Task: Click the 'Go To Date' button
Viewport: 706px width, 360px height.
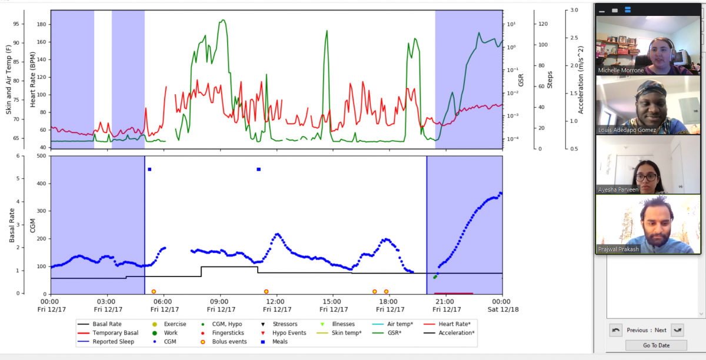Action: [656, 345]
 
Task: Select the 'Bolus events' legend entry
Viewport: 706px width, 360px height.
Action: [224, 342]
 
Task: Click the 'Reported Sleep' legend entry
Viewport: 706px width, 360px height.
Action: [106, 342]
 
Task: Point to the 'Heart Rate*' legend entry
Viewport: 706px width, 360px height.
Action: [447, 324]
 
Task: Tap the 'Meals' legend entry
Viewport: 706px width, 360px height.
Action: [274, 342]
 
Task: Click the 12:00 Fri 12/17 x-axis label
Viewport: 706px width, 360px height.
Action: [277, 305]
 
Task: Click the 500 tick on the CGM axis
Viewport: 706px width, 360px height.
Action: [42, 156]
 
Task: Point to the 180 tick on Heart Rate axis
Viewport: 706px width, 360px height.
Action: [42, 24]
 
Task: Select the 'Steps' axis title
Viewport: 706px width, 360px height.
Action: [550, 80]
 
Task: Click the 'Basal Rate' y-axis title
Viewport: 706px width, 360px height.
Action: [12, 225]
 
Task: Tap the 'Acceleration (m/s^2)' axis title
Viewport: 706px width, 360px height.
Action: [581, 80]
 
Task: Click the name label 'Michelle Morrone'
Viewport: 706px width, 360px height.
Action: [621, 71]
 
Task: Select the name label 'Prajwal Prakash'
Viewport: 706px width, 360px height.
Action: [618, 249]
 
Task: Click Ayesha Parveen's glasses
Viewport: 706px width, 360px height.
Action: [647, 177]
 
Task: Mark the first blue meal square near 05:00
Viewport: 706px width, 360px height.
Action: [149, 169]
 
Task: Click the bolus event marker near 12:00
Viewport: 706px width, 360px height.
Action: [267, 292]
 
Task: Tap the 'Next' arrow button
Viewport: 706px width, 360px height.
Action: [677, 330]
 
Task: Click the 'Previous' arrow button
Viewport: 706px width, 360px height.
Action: [615, 330]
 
